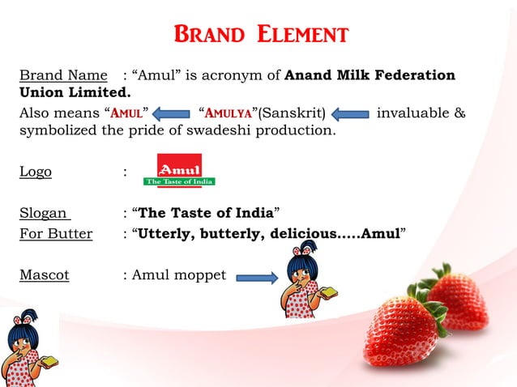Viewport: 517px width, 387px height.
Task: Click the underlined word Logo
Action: (x=36, y=172)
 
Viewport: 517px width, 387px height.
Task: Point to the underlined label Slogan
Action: (x=45, y=214)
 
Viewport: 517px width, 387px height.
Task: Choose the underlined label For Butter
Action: (x=56, y=235)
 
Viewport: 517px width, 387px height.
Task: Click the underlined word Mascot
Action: (x=45, y=274)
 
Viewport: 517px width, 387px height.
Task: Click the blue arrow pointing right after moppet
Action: (x=257, y=279)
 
